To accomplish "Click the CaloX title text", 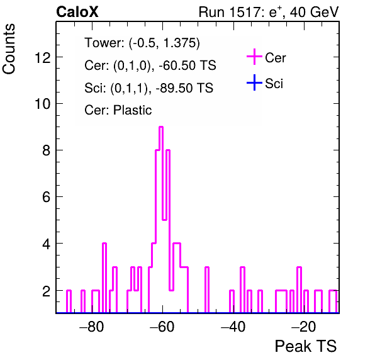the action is [x=77, y=12].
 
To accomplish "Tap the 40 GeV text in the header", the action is [x=314, y=12].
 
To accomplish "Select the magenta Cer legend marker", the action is [x=254, y=57].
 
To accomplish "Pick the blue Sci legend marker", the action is [x=254, y=82].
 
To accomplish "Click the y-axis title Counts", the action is [x=9, y=49].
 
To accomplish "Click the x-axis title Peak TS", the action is [x=306, y=346].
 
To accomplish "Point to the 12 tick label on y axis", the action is [x=43, y=57].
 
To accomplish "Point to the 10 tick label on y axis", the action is [x=43, y=104].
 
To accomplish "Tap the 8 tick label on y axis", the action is [x=47, y=150].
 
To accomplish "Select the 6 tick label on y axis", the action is [x=47, y=197].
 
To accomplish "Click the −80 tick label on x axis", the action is [x=92, y=326].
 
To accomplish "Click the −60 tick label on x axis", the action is [x=162, y=326].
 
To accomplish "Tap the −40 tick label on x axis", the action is [x=233, y=326].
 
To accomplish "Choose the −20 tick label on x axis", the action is [x=304, y=326].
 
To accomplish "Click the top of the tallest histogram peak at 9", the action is [x=161, y=127].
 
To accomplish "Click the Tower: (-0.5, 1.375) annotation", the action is [x=142, y=43].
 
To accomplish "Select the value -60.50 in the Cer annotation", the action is [x=176, y=65].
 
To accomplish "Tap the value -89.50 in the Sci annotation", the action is [x=172, y=87].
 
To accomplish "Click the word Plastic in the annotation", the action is [x=132, y=110].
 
